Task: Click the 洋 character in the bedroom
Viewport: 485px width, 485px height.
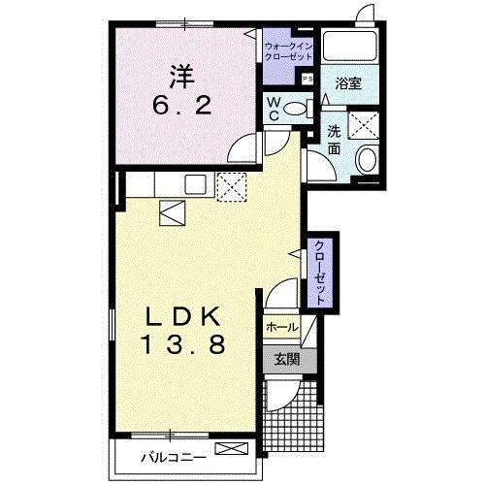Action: (x=182, y=77)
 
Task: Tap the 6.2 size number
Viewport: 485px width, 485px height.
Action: (x=182, y=105)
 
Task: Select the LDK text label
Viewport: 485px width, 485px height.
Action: (x=183, y=316)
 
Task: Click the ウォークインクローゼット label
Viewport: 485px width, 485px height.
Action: (x=288, y=51)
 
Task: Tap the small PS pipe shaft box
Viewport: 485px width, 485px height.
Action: (x=307, y=79)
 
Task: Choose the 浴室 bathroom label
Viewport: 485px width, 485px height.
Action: (x=348, y=83)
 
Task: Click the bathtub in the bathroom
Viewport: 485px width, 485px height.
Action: (x=350, y=46)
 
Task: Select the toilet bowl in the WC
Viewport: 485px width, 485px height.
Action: (x=295, y=109)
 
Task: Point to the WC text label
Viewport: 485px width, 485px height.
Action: (x=274, y=110)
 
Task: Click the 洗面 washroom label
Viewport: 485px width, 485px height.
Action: (x=334, y=140)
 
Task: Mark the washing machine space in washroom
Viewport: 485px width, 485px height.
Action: (x=364, y=125)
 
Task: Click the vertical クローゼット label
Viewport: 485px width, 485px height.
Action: (x=319, y=273)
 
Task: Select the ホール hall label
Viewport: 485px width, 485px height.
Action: (x=281, y=328)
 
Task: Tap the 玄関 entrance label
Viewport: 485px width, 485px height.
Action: (x=287, y=359)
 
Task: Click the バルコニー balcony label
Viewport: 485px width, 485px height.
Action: (x=174, y=458)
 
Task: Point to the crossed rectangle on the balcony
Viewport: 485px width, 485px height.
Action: (x=232, y=449)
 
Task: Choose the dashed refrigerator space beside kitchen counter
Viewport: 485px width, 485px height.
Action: (x=232, y=187)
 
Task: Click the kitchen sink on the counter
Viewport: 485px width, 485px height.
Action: (x=195, y=184)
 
